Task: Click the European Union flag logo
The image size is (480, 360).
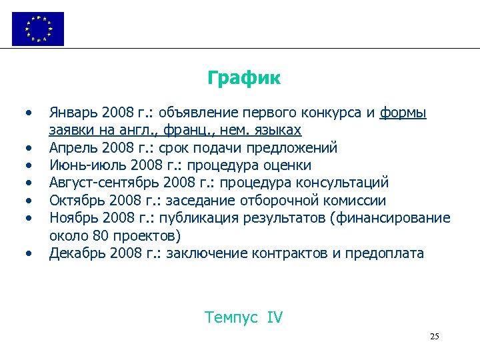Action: [x=38, y=29]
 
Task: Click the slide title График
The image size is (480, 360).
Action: [x=243, y=79]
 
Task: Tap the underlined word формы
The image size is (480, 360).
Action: [x=403, y=113]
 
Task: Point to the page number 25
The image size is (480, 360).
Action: [x=434, y=336]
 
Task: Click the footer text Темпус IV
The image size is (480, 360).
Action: [x=243, y=317]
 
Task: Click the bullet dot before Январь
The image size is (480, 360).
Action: [x=28, y=113]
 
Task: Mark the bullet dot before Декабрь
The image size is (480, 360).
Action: [x=28, y=253]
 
